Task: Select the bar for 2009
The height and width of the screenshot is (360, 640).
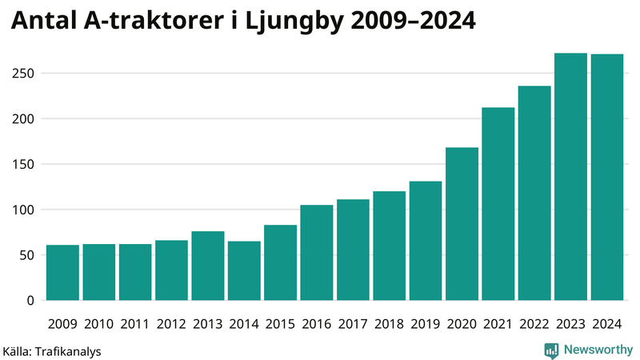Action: (x=62, y=273)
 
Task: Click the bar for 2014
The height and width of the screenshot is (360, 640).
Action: (x=244, y=271)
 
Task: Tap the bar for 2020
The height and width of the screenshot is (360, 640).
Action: (x=462, y=224)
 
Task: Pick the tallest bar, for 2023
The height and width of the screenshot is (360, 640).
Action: (x=570, y=177)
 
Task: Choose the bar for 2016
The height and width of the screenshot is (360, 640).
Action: (x=317, y=253)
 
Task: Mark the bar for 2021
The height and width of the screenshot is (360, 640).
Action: (x=498, y=204)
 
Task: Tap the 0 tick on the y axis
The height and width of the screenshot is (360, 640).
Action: (x=30, y=301)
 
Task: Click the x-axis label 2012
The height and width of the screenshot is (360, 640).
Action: (x=171, y=324)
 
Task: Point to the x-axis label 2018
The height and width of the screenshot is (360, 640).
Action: (x=389, y=324)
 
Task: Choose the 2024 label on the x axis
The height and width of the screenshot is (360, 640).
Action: (x=606, y=324)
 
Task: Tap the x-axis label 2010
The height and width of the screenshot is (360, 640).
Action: (x=98, y=324)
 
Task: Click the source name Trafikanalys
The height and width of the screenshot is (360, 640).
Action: (x=69, y=350)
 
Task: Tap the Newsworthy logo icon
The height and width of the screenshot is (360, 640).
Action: (x=551, y=350)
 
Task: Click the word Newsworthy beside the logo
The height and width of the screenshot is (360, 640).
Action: (x=598, y=350)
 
